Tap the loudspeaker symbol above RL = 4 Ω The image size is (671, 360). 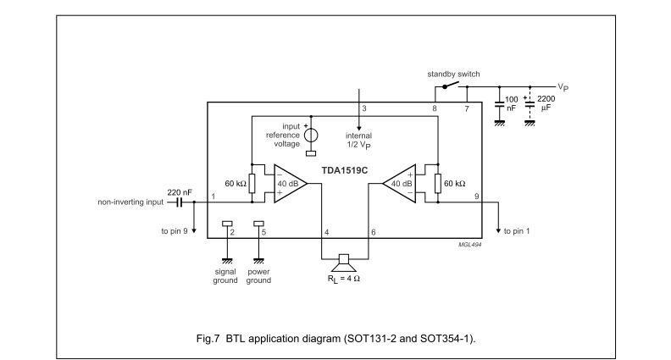pyautogui.click(x=345, y=258)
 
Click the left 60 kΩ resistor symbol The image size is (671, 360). pyautogui.click(x=252, y=184)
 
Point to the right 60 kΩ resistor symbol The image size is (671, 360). pyautogui.click(x=437, y=184)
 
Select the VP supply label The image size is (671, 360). pyautogui.click(x=563, y=87)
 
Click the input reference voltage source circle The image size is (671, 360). pyautogui.click(x=310, y=136)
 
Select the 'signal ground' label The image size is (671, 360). pyautogui.click(x=225, y=275)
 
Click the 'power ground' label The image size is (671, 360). pyautogui.click(x=258, y=275)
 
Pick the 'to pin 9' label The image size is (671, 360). pyautogui.click(x=176, y=230)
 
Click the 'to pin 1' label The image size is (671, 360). pyautogui.click(x=519, y=230)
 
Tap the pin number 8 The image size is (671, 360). pyautogui.click(x=435, y=109)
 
